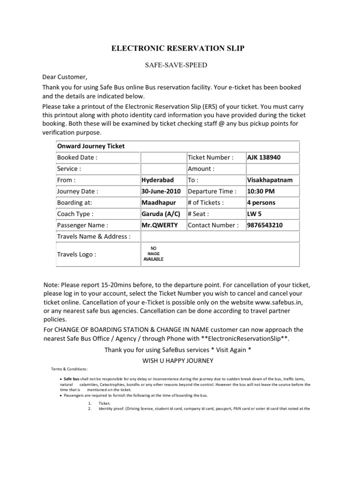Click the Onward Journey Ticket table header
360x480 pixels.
pos(90,146)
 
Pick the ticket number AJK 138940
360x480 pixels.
pos(264,157)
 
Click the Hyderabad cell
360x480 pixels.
pos(157,180)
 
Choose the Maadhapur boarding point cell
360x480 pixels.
pos(158,202)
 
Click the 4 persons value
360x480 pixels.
pos(261,202)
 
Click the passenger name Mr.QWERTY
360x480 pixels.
pos(159,225)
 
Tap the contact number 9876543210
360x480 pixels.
pos(265,225)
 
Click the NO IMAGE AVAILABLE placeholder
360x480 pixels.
pos(153,254)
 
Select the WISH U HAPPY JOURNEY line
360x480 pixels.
pos(178,360)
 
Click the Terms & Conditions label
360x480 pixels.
pos(70,368)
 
